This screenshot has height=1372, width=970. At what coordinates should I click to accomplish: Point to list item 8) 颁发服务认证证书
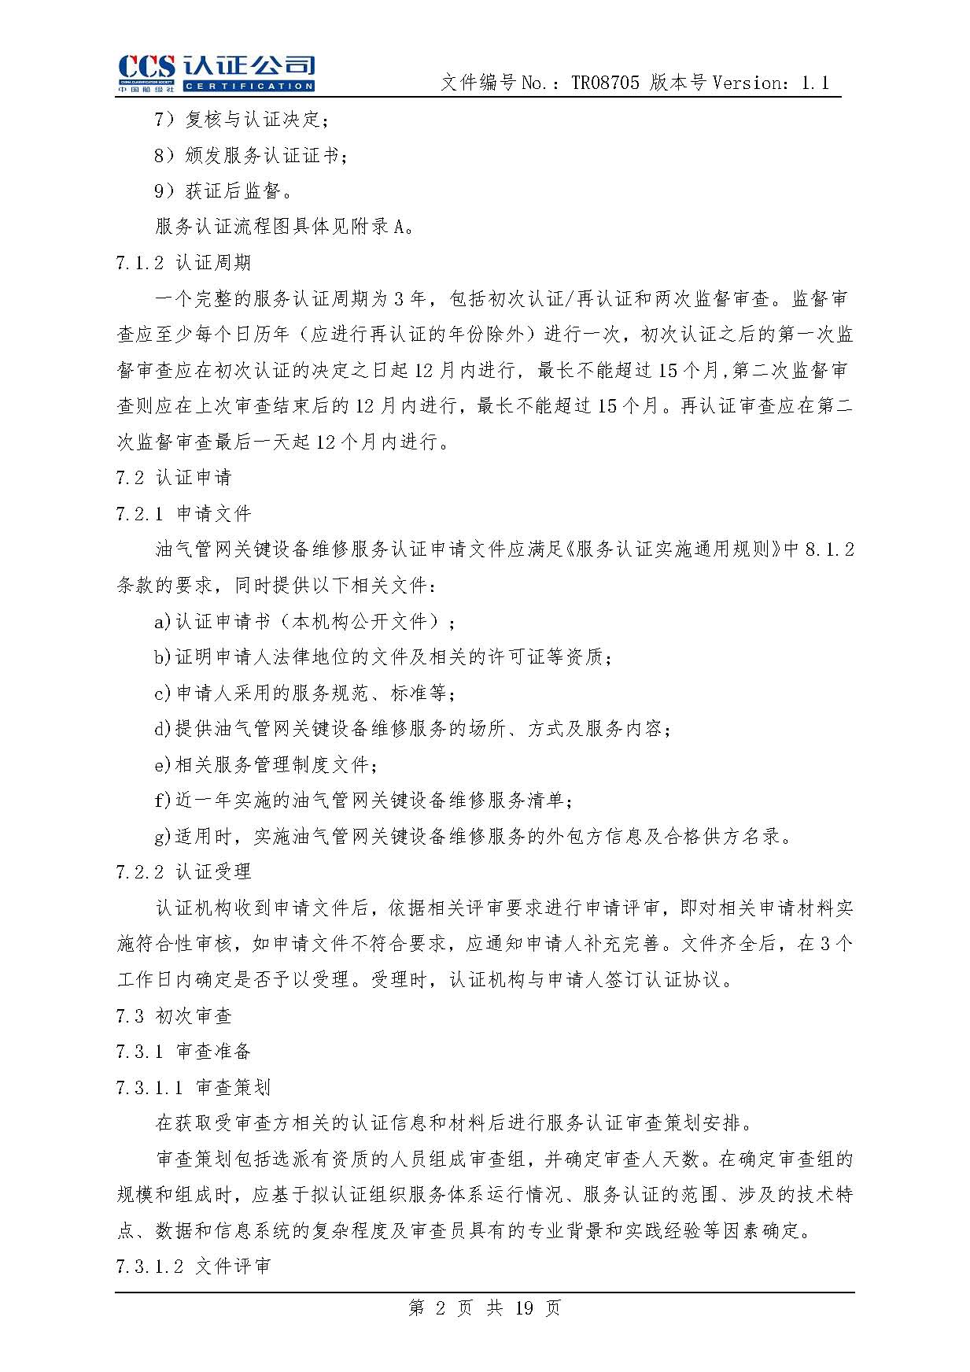click(250, 155)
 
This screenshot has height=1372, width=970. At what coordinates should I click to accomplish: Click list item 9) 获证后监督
click(223, 191)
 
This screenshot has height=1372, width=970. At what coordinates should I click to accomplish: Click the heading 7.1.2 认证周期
click(183, 263)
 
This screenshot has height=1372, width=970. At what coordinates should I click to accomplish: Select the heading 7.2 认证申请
click(174, 477)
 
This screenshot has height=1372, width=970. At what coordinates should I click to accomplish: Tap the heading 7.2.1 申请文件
click(183, 513)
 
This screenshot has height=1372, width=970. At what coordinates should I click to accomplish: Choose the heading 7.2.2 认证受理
click(183, 871)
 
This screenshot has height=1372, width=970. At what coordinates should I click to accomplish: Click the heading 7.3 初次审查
click(174, 1015)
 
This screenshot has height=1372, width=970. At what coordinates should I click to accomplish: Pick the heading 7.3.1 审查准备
click(183, 1051)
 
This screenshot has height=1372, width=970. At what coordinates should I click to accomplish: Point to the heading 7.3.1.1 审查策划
click(193, 1087)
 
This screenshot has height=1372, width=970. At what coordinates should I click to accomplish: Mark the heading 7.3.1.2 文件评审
click(193, 1266)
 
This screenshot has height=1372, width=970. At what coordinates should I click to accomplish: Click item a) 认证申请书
click(304, 621)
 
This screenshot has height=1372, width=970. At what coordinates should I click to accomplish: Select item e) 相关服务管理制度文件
click(265, 764)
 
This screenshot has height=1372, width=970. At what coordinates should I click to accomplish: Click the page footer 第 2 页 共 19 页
click(485, 1308)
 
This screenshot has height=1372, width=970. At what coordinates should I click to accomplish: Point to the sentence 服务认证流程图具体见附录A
click(284, 227)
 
